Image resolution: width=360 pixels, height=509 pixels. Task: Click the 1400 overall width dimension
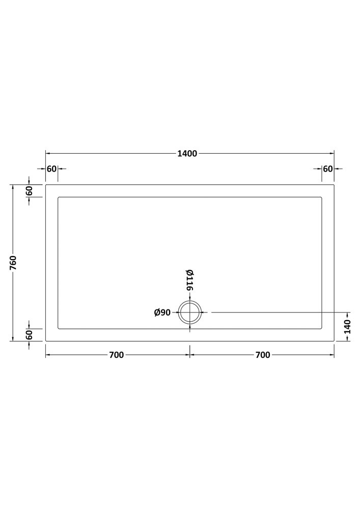click(187, 154)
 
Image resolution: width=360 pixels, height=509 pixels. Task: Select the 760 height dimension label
click(13, 263)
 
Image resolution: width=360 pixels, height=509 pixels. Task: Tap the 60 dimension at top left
click(51, 169)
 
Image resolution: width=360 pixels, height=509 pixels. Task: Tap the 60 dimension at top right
click(328, 169)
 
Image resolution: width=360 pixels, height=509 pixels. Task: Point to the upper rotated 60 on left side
click(30, 191)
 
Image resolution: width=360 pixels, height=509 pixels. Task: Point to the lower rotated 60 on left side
click(30, 335)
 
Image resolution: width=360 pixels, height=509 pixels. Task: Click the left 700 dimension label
click(116, 355)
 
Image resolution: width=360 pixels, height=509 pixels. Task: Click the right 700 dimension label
click(263, 355)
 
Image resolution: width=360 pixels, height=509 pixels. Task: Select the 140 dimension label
click(348, 327)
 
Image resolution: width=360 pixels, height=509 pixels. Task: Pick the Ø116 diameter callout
click(190, 280)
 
